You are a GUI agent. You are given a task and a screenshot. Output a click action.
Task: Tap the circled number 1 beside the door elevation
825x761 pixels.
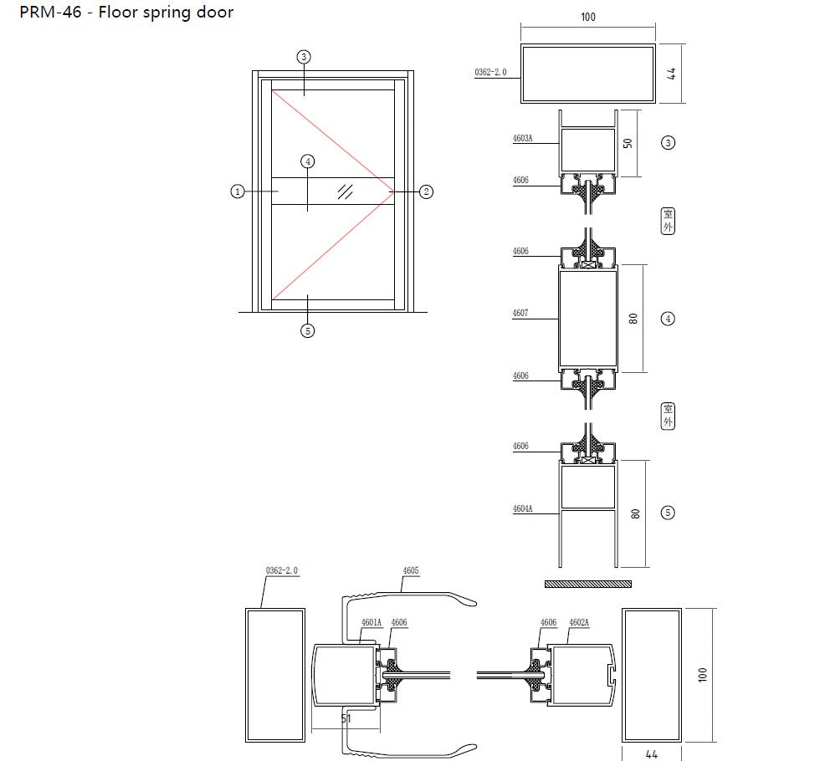[238, 192]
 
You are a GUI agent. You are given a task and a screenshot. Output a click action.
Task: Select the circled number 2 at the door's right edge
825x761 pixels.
[426, 192]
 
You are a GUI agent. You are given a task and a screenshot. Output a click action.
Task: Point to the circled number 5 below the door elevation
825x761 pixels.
[308, 330]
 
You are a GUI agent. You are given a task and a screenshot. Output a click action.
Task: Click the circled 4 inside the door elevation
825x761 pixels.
[308, 161]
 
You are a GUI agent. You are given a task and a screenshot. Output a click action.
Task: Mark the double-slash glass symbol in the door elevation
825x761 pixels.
[345, 192]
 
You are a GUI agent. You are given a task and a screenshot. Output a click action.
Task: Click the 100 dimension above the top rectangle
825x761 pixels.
[588, 17]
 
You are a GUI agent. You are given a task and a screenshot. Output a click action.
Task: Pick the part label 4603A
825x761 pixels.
[522, 140]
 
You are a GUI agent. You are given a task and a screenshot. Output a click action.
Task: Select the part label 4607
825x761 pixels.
[520, 314]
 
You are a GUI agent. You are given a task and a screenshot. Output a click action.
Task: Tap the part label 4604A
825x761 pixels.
[522, 508]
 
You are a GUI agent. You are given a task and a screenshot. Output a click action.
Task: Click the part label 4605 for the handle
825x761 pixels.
[411, 571]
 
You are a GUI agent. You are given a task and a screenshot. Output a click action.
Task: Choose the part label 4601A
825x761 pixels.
[372, 622]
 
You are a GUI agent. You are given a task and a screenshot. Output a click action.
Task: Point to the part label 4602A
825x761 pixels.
[579, 622]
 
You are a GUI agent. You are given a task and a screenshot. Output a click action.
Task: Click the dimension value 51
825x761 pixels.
[346, 718]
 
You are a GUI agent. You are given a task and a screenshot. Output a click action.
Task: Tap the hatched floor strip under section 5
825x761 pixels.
[588, 582]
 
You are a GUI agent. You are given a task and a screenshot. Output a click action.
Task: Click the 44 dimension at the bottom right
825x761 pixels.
[652, 754]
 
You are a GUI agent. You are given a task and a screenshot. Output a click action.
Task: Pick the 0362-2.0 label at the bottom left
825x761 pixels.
[281, 570]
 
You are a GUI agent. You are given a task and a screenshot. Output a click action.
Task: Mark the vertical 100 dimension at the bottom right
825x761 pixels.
[702, 674]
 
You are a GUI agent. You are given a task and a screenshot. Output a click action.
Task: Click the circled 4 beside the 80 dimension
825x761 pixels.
[668, 318]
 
